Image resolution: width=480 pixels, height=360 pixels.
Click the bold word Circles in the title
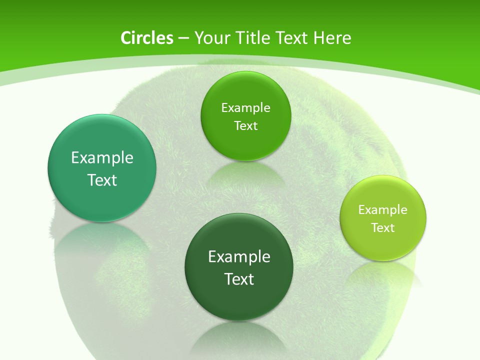pyautogui.click(x=146, y=38)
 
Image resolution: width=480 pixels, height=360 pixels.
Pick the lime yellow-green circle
pyautogui.click(x=383, y=245)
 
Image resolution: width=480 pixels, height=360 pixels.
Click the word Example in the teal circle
pyautogui.click(x=102, y=158)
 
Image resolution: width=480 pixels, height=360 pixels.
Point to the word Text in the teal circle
pyautogui.click(x=102, y=180)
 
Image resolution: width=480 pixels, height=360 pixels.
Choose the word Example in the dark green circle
pyautogui.click(x=239, y=257)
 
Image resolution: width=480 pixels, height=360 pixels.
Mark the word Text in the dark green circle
pyautogui.click(x=239, y=279)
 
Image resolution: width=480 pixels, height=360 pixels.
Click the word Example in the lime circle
pyautogui.click(x=383, y=210)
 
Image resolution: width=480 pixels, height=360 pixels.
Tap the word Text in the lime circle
pyautogui.click(x=383, y=228)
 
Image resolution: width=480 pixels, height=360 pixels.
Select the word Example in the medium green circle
pyautogui.click(x=245, y=108)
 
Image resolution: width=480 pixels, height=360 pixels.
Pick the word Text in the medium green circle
pyautogui.click(x=245, y=126)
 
